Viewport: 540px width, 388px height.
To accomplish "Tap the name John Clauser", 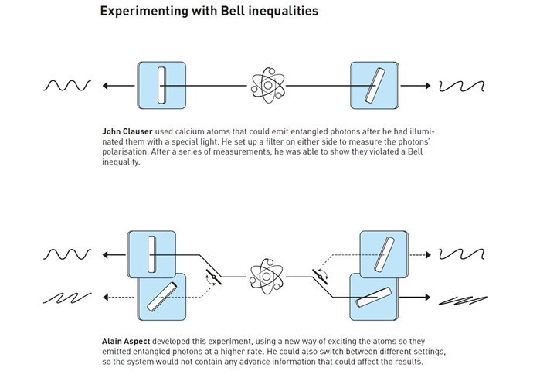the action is [x=127, y=131].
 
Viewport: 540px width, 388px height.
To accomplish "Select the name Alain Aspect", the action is [x=126, y=341].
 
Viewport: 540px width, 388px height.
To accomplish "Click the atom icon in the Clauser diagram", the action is [x=268, y=85].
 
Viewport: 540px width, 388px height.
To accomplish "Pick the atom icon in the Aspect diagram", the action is [x=267, y=277].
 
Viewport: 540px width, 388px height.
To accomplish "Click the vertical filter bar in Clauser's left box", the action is [x=161, y=85].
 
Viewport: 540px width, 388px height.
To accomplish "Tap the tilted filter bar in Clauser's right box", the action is [x=375, y=85].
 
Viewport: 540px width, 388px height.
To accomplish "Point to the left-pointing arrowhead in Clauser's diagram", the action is [x=105, y=86].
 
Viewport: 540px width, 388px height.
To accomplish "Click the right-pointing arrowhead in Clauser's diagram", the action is [x=428, y=86].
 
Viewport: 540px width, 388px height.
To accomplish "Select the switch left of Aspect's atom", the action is [x=213, y=277].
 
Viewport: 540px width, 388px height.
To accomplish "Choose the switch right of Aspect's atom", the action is [x=320, y=277].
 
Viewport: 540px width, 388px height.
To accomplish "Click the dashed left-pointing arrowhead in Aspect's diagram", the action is [x=105, y=297].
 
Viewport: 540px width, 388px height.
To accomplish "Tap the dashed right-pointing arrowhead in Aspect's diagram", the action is [x=428, y=255].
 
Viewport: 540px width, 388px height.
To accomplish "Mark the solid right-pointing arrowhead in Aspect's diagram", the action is [x=428, y=297].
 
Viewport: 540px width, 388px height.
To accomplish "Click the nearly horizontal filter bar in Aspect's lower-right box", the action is [x=374, y=297].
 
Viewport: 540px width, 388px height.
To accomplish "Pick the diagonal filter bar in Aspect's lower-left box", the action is [x=162, y=297].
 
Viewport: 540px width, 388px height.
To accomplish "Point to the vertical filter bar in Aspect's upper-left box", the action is [x=151, y=254].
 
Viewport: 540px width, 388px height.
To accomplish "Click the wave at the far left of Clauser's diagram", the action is [x=67, y=85].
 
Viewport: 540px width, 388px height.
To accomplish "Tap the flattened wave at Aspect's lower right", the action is [x=464, y=301].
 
